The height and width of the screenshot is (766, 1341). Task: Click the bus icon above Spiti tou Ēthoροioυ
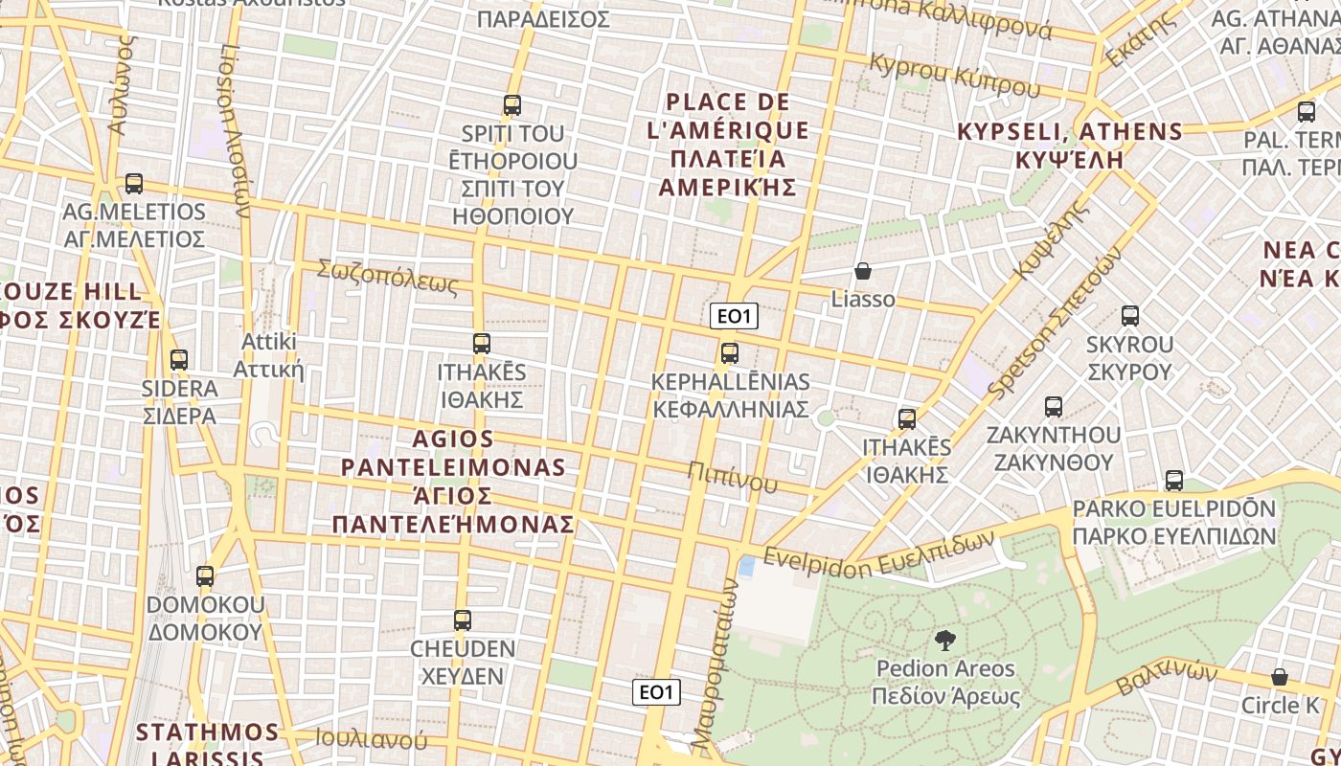512,105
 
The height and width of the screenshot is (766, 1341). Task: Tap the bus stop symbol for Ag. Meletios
134,184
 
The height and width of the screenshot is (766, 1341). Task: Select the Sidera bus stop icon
179,360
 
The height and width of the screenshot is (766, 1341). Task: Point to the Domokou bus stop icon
205,576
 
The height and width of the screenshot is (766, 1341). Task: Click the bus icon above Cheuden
463,620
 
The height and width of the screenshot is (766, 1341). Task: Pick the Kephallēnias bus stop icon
730,353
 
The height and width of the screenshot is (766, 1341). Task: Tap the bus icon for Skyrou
1130,316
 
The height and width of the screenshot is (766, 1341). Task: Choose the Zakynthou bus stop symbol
1054,407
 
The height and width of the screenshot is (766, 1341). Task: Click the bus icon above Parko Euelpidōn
1174,481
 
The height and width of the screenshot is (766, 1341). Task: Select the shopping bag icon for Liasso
863,271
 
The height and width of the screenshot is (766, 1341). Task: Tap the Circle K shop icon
1280,678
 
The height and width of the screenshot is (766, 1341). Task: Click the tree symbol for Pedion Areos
945,641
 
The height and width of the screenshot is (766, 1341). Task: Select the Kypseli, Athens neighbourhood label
1070,145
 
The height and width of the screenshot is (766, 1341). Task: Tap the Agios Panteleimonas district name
454,482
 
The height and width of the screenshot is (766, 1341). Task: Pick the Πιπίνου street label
733,476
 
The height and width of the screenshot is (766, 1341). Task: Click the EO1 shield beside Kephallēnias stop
735,316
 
